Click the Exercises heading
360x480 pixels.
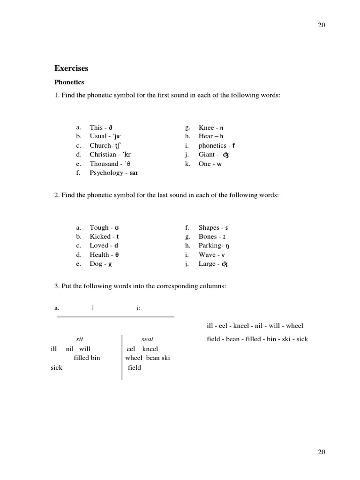71,68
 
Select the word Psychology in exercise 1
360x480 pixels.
106,173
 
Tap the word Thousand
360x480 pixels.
104,164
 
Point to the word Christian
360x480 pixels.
103,155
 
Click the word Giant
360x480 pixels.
207,155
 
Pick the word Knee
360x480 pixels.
206,127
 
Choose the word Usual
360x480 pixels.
98,136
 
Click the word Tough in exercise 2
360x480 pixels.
99,228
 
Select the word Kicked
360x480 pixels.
100,237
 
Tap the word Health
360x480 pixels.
99,255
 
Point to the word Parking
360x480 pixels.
210,246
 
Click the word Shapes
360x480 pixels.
209,228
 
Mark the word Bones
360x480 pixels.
208,237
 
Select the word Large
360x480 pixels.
207,264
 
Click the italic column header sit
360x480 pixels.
80,339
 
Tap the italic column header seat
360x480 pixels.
147,339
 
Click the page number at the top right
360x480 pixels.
322,25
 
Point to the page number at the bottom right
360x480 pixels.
322,452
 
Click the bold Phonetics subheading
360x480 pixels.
69,82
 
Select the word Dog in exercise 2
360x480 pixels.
96,264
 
